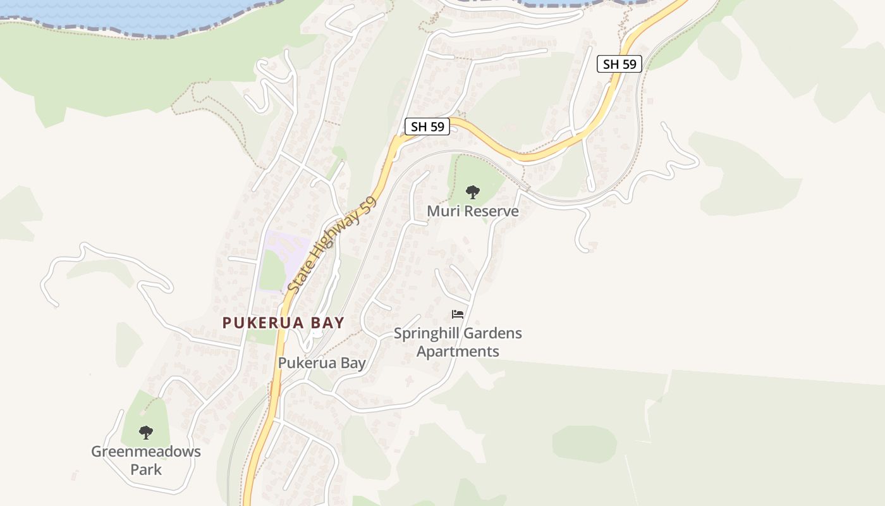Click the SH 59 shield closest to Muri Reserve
[427, 126]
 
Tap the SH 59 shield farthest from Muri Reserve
[619, 64]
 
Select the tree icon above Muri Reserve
[472, 192]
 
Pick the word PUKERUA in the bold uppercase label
[261, 323]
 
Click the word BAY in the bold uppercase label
[327, 323]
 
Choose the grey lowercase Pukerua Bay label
[322, 363]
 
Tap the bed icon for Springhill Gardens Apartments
[458, 314]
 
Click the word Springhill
[424, 333]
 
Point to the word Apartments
[458, 352]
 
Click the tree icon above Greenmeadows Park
[146, 433]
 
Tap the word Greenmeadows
[146, 452]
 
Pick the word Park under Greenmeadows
[146, 469]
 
